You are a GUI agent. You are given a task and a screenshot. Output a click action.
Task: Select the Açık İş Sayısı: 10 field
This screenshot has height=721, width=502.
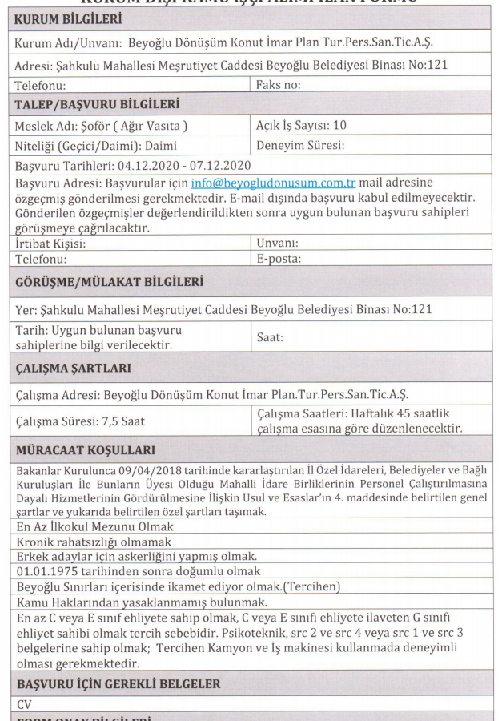pos(300,125)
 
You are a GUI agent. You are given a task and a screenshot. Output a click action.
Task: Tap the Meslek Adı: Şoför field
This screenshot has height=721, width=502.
pos(101,126)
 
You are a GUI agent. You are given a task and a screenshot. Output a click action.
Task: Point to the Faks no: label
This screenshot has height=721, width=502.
pos(279,84)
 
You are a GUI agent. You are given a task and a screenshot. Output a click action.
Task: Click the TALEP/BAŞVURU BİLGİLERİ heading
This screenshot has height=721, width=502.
pos(97,104)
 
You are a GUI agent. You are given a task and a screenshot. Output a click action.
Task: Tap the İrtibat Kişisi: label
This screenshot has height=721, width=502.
pos(50,243)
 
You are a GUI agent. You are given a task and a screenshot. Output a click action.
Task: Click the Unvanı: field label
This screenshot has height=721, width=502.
pos(278,243)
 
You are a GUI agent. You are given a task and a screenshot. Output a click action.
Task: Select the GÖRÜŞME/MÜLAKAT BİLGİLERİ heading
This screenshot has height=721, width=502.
pos(110,281)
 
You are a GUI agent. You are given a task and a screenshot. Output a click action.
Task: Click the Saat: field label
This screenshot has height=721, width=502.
pos(270,337)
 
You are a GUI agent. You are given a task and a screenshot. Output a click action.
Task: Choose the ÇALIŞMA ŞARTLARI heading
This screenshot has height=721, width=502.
pos(73,369)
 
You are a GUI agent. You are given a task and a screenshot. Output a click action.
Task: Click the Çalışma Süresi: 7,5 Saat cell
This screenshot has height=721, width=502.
pos(80,421)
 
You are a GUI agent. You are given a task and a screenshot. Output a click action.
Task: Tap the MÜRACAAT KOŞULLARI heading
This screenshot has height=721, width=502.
pos(86,451)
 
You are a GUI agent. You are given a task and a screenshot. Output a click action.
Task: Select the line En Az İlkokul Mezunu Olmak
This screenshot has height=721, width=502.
pos(94,526)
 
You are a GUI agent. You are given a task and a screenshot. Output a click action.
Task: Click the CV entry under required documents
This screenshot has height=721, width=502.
pos(24,704)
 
